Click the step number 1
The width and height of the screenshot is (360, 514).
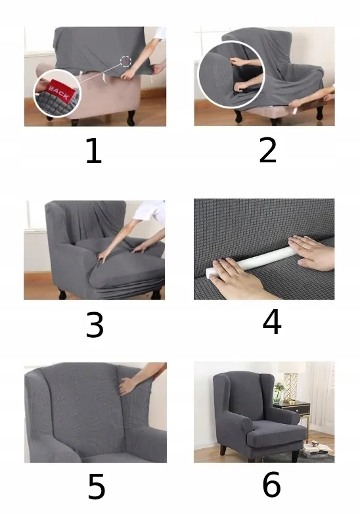coord(94,151)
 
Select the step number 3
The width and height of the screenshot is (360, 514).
coord(95,325)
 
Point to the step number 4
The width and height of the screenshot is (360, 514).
coord(272,321)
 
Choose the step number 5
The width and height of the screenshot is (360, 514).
coord(97,486)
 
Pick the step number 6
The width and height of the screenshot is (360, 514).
coord(271,484)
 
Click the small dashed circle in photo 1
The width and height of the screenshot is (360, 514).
coord(125,61)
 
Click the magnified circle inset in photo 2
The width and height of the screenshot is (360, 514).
coord(231,74)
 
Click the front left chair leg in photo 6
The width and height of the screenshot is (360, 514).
coord(224,450)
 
